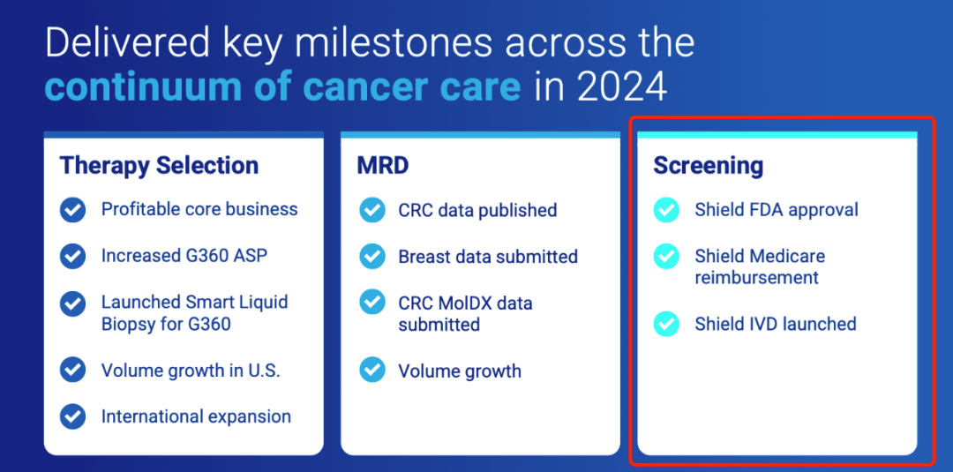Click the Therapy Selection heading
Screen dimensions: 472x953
coord(159,165)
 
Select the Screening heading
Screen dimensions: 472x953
coord(708,165)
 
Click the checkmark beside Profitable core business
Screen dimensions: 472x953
coord(72,210)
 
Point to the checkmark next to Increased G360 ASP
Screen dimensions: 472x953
coord(72,256)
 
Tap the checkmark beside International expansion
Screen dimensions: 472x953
coord(72,416)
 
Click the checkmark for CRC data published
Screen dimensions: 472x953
coord(372,211)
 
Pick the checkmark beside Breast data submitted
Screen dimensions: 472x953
coord(372,257)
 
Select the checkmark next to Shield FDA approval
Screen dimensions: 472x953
coord(666,210)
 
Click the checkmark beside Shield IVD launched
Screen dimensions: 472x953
coord(666,324)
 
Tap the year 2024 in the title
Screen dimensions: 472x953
coord(621,87)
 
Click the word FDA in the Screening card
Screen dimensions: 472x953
coord(764,210)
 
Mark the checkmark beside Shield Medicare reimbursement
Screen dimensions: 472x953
coord(666,257)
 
